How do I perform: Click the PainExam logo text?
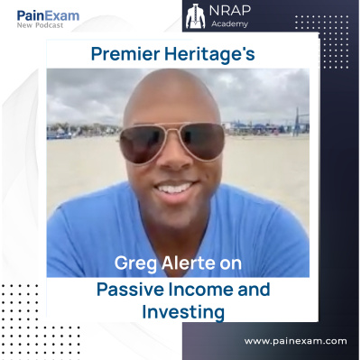48,15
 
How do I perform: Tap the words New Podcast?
40,25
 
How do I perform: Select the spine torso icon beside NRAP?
195,17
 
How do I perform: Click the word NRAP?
230,11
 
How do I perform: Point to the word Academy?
229,23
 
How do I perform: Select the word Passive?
130,290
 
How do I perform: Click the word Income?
200,290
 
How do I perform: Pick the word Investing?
183,312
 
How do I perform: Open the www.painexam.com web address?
295,342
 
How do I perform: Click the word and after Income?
254,290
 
